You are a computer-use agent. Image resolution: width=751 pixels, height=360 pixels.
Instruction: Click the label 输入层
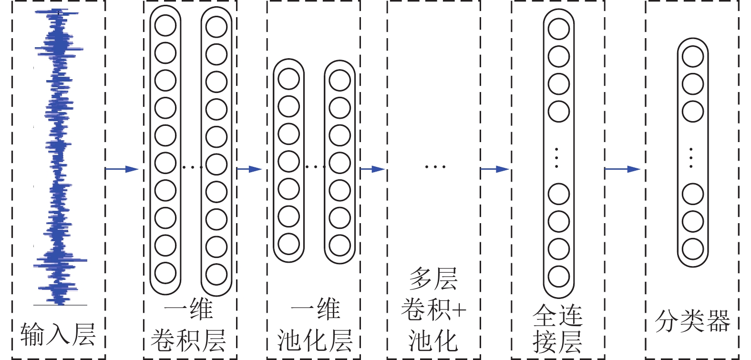click(58, 334)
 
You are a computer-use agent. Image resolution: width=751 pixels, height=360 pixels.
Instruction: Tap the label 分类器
click(692, 320)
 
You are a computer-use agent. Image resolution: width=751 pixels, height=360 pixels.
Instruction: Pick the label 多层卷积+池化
click(433, 310)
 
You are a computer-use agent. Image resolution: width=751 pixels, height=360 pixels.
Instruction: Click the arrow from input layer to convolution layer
click(122, 169)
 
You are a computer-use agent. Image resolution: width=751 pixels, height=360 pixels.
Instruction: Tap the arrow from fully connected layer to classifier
click(623, 169)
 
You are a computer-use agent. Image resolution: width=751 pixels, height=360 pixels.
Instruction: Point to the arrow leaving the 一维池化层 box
click(372, 169)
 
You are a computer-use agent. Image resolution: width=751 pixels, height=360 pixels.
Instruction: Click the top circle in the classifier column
click(693, 57)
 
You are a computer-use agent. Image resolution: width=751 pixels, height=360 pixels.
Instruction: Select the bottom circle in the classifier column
click(693, 249)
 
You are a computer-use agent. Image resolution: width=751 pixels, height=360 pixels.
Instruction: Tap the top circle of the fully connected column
click(558, 29)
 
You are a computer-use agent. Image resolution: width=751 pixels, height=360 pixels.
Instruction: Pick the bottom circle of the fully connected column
click(558, 277)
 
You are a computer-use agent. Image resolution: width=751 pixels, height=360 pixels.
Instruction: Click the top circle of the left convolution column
click(165, 25)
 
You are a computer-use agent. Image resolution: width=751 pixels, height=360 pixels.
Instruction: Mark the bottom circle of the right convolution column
click(216, 274)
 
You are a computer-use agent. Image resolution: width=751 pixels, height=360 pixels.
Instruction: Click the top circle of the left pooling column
click(288, 79)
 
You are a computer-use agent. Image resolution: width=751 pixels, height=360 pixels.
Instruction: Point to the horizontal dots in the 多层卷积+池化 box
click(435, 167)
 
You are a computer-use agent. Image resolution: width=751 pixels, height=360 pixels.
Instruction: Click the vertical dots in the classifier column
click(691, 158)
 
